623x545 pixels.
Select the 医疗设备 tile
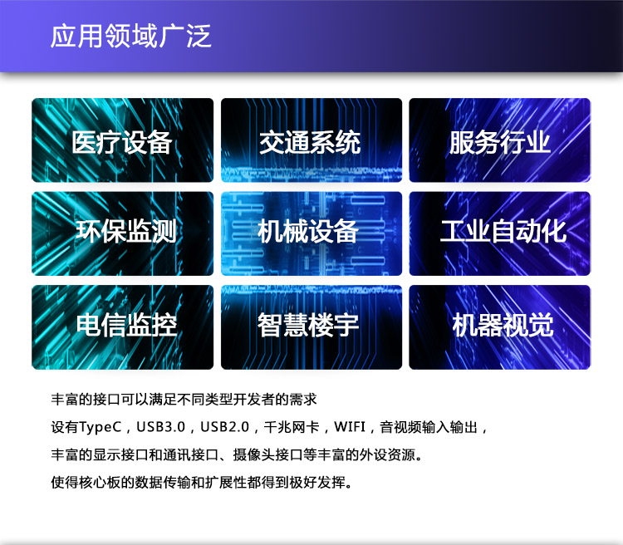[x=122, y=141]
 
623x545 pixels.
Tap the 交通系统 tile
[x=311, y=141]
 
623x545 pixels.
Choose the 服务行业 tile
[x=499, y=141]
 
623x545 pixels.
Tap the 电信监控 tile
[x=122, y=326]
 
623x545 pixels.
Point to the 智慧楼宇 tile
[x=311, y=326]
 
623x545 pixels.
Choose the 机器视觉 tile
[x=499, y=326]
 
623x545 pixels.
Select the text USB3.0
[x=160, y=428]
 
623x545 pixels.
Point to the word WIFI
[x=351, y=428]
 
